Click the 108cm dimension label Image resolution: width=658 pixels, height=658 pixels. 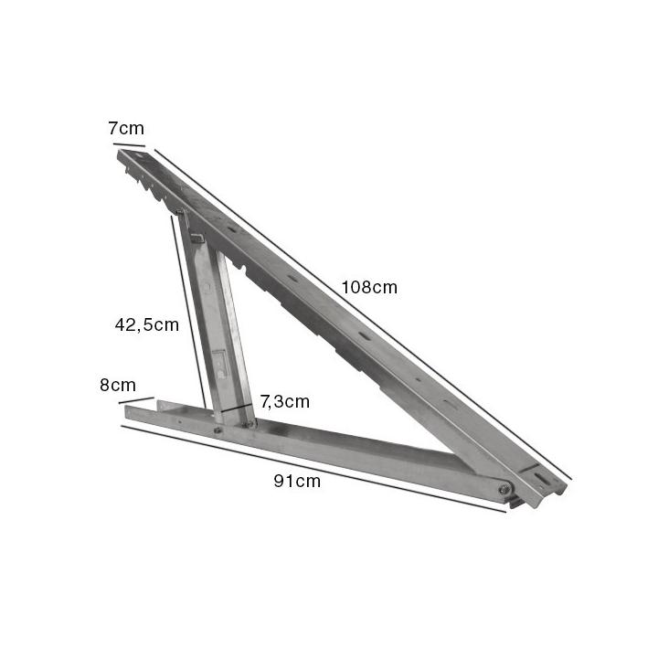[369, 287]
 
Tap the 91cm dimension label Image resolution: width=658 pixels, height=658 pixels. [297, 482]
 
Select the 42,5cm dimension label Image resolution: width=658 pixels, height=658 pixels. [146, 324]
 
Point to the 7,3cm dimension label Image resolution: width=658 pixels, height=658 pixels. [284, 400]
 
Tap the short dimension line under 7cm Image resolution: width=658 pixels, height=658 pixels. [129, 143]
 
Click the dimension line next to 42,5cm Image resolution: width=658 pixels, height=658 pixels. [187, 311]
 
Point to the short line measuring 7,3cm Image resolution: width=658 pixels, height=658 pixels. [236, 408]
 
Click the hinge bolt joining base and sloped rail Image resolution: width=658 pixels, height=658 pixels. [504, 491]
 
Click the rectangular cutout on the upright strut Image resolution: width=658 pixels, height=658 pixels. [219, 365]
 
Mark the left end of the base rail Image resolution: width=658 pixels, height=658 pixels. [129, 412]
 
